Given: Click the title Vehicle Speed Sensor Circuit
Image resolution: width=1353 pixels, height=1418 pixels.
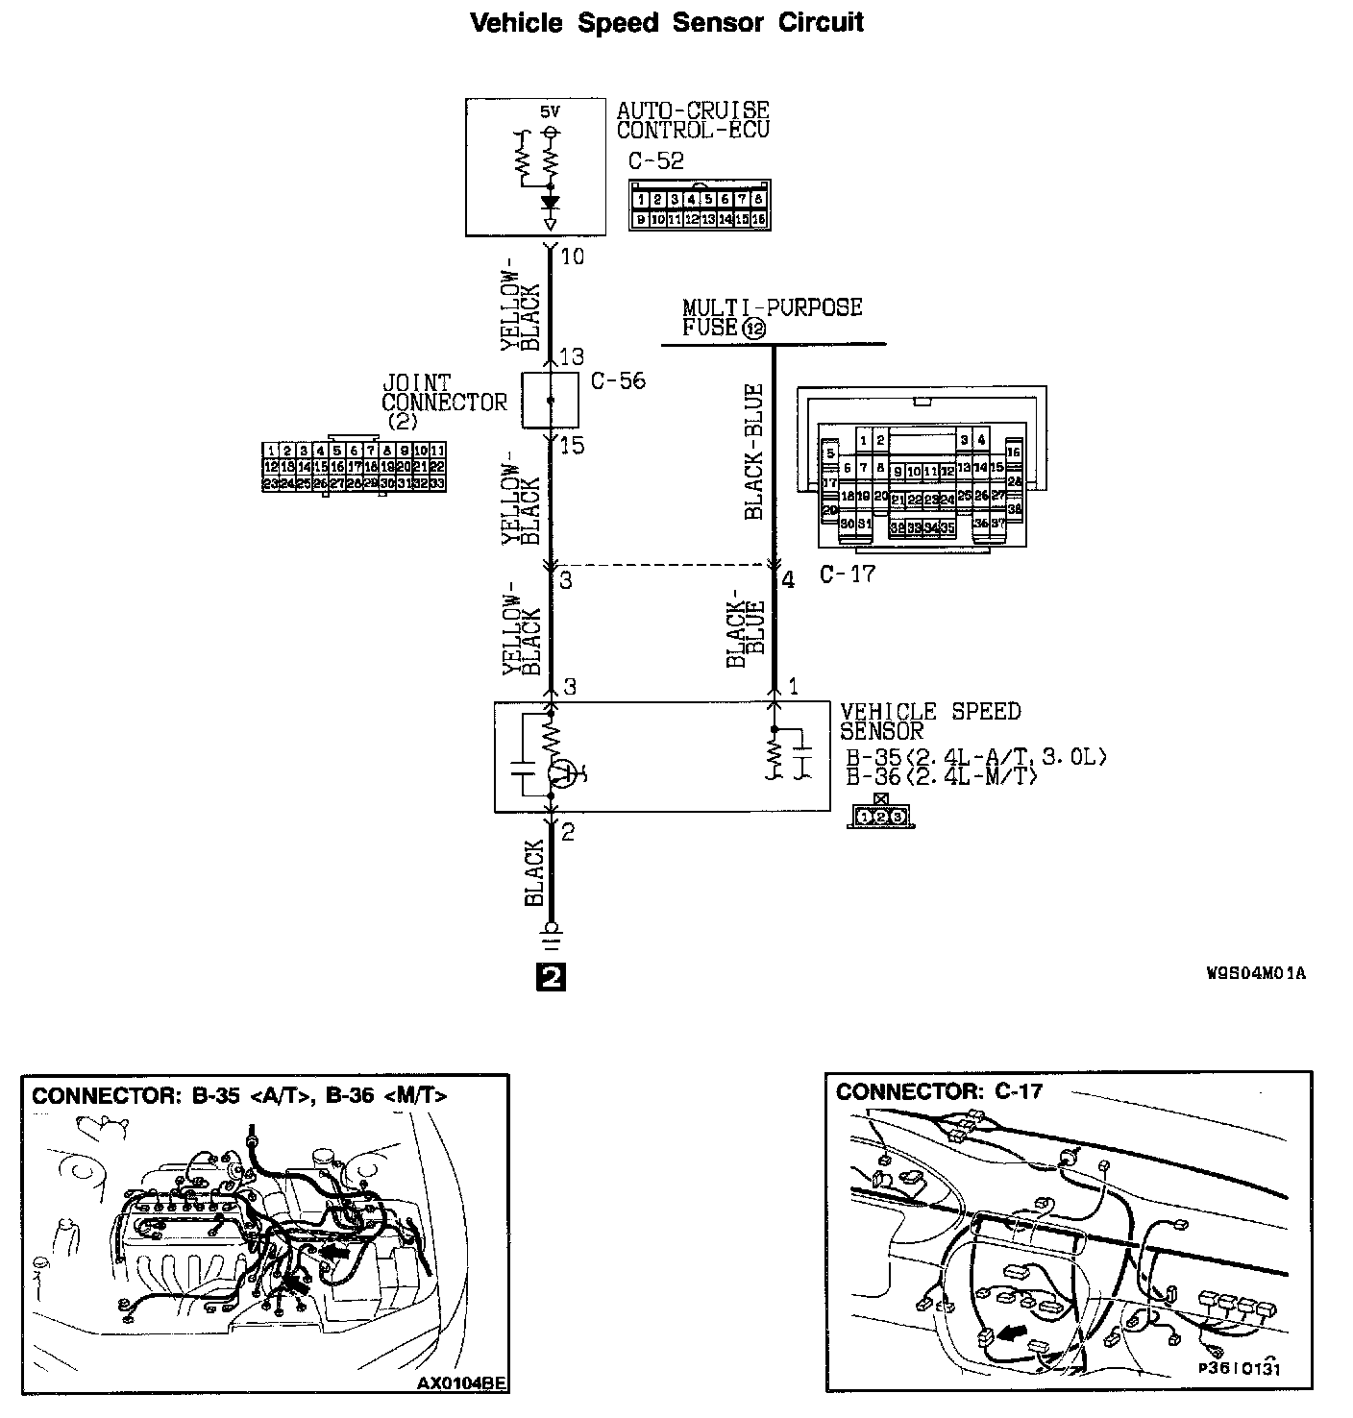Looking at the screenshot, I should [667, 23].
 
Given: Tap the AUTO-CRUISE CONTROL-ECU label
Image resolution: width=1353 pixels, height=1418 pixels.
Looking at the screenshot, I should [693, 120].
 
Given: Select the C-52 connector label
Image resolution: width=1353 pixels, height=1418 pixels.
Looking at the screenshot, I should [656, 160].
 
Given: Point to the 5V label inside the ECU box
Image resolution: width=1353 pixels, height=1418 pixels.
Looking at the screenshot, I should [550, 111].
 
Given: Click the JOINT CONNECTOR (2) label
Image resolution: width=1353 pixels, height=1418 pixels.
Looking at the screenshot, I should [443, 402].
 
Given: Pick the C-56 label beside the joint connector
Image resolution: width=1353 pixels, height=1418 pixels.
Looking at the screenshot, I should [618, 381].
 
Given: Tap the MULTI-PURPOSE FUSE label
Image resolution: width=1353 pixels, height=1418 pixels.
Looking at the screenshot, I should [772, 317].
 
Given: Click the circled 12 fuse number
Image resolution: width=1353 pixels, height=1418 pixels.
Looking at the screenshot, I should [754, 329].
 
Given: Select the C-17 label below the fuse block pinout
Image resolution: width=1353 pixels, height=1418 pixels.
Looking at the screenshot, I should [848, 575].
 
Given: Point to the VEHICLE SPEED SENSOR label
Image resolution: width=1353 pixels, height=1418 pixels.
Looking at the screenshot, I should [929, 721].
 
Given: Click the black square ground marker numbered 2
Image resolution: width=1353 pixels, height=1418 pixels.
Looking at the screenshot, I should [552, 977].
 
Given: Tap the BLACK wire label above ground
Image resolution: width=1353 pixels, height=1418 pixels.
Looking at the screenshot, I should [535, 872].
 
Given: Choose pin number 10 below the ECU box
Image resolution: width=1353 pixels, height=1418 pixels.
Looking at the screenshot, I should [573, 257].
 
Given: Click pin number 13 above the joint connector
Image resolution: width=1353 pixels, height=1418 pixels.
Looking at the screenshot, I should [572, 357].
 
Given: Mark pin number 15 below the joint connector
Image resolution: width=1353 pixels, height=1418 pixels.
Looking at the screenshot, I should [572, 447].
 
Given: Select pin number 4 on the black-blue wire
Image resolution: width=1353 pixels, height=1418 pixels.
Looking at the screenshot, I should [788, 580].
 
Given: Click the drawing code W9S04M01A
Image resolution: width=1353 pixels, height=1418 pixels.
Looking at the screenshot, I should [1256, 973].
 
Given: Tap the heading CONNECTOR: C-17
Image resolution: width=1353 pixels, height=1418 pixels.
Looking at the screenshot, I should [939, 1091].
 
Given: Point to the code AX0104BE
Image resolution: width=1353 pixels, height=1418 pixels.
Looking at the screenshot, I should [460, 1384].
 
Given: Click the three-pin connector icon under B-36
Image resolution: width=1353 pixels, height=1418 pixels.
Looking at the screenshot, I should [881, 817].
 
